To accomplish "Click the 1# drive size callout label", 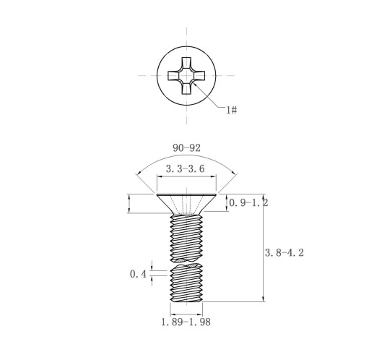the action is (x=232, y=110).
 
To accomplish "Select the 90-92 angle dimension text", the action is (x=186, y=148).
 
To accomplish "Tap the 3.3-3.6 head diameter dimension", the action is (x=186, y=168).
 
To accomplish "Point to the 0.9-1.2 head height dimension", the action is (x=248, y=203).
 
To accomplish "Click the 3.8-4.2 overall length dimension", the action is (x=284, y=253).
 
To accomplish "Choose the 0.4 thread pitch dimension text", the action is (x=138, y=274).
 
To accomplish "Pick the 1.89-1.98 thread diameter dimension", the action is (x=186, y=322).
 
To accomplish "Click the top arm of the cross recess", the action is (x=186, y=63).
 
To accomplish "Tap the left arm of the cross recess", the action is (x=174, y=75).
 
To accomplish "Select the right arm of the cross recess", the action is (x=199, y=75).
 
